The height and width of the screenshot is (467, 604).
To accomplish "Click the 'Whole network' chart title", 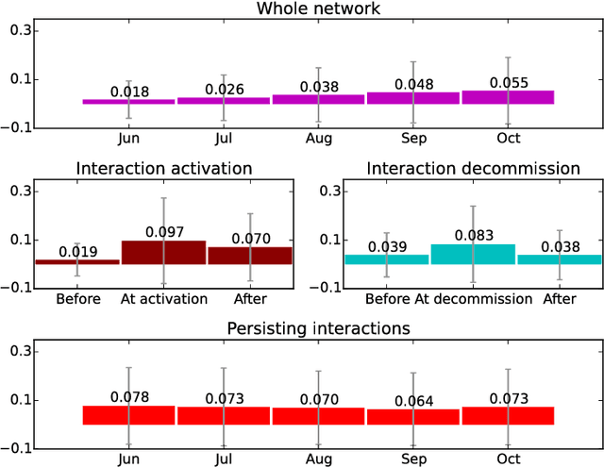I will click(319, 9).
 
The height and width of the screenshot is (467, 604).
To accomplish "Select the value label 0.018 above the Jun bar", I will click(128, 92).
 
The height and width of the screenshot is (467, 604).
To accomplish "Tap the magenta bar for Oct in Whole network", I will click(508, 97).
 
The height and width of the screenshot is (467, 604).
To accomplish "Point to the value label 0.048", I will click(413, 83).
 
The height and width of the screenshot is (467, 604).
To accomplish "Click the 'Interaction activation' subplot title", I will click(163, 169).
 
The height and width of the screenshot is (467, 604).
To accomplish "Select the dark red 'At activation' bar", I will click(163, 252).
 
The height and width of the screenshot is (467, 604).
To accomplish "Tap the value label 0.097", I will click(164, 232).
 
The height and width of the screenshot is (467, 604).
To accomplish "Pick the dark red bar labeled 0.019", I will click(77, 261).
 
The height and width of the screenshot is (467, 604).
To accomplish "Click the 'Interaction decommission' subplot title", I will click(473, 169).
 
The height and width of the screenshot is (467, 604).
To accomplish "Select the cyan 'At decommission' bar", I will click(473, 254).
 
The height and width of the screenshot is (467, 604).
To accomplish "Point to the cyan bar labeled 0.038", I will click(559, 259).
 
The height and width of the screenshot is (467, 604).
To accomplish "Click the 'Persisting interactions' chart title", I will click(318, 328).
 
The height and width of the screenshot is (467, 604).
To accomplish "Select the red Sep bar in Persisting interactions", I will click(413, 416).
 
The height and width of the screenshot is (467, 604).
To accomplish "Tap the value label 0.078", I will click(128, 397).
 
